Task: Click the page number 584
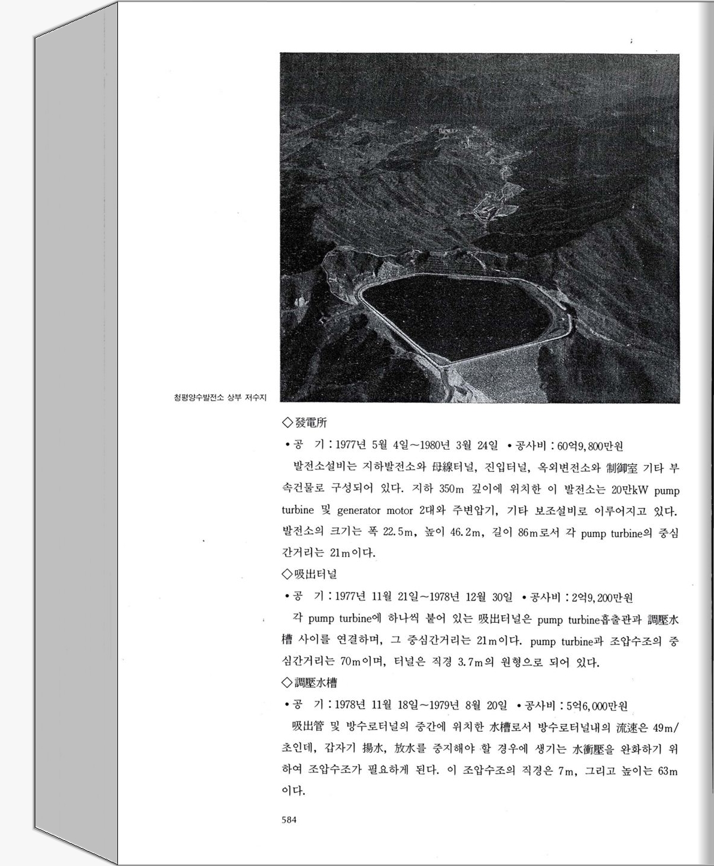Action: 289,820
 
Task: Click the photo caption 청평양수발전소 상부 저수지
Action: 219,397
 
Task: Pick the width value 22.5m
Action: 398,532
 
